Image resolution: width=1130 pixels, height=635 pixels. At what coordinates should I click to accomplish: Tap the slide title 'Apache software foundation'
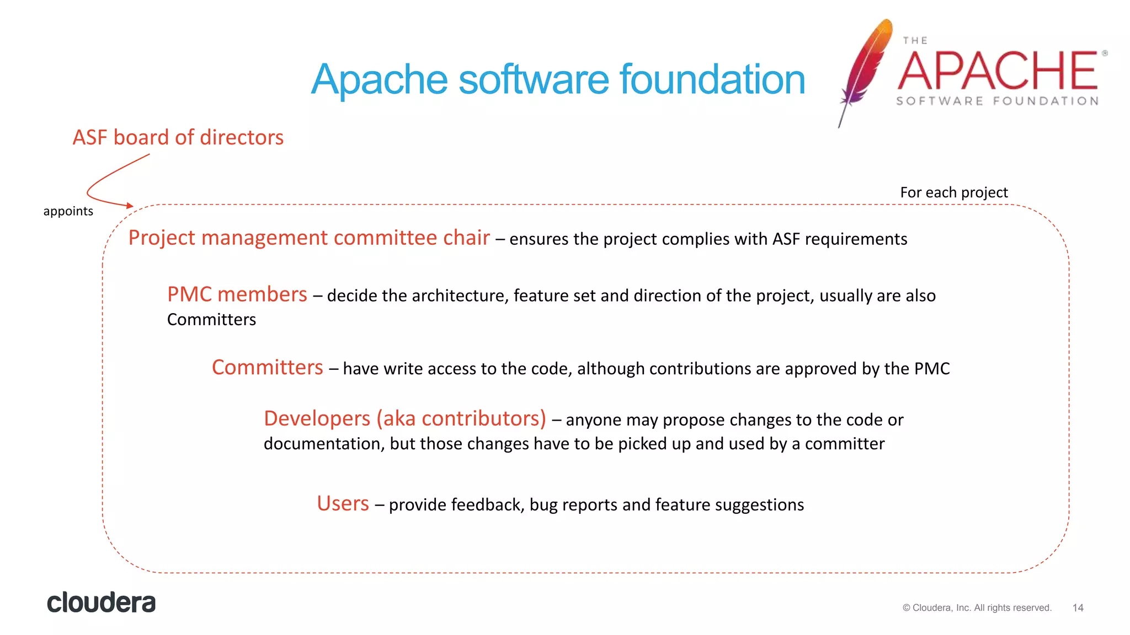[x=558, y=79]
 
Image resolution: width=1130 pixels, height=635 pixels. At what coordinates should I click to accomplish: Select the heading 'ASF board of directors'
[x=178, y=137]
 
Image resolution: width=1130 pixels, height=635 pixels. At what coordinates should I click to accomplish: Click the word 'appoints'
[x=68, y=211]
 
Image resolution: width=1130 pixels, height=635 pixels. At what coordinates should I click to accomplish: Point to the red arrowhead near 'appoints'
[x=130, y=206]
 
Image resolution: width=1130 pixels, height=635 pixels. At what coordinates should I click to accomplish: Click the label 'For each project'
[x=953, y=192]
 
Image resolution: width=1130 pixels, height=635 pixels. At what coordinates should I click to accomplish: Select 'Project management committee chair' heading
[x=309, y=238]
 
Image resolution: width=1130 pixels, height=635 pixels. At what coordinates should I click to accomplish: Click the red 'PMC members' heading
[x=237, y=294]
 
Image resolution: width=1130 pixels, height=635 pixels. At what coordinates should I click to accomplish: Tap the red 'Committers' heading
[x=267, y=367]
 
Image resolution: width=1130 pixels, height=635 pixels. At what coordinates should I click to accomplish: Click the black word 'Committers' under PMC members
[x=211, y=320]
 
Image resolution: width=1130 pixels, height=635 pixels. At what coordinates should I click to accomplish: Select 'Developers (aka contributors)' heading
[x=404, y=418]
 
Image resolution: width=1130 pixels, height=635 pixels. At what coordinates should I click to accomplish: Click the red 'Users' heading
[x=343, y=503]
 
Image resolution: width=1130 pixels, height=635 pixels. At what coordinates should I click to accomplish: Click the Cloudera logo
[x=101, y=602]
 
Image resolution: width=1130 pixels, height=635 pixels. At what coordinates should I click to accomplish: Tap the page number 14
[x=1078, y=607]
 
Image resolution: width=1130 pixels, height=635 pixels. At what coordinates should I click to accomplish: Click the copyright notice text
[x=977, y=607]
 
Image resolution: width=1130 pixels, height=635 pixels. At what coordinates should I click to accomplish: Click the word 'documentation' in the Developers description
[x=323, y=444]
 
